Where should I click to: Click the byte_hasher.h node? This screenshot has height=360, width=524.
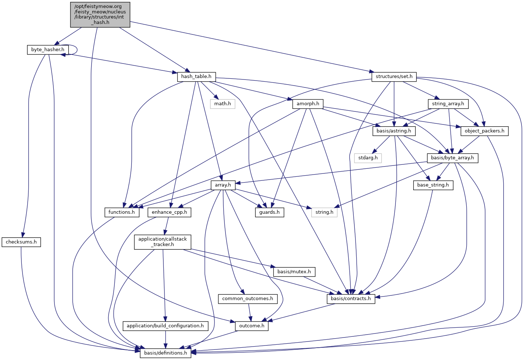click(48, 50)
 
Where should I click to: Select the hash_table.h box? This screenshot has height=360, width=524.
click(196, 77)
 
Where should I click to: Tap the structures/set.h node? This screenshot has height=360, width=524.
click(394, 77)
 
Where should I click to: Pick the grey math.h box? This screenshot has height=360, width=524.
click(223, 104)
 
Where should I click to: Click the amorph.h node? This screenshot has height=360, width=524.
click(308, 104)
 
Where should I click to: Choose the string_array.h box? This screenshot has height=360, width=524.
click(448, 104)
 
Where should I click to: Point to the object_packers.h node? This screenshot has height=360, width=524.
click(484, 131)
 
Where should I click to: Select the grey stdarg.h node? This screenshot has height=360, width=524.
click(368, 158)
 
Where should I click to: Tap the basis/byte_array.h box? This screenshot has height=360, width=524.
click(452, 158)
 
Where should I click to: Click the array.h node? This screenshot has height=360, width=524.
click(223, 185)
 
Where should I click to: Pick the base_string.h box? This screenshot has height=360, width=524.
click(433, 185)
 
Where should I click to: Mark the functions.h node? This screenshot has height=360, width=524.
click(122, 212)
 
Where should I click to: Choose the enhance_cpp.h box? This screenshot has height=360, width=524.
click(169, 212)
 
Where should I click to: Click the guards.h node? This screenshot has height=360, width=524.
click(269, 212)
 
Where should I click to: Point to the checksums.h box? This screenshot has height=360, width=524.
click(21, 242)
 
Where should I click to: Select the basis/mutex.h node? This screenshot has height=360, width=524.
click(294, 271)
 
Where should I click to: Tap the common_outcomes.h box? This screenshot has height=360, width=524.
click(248, 299)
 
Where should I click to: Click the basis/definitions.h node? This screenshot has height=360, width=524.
click(166, 353)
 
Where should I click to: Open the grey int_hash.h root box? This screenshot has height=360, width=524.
click(100, 15)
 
